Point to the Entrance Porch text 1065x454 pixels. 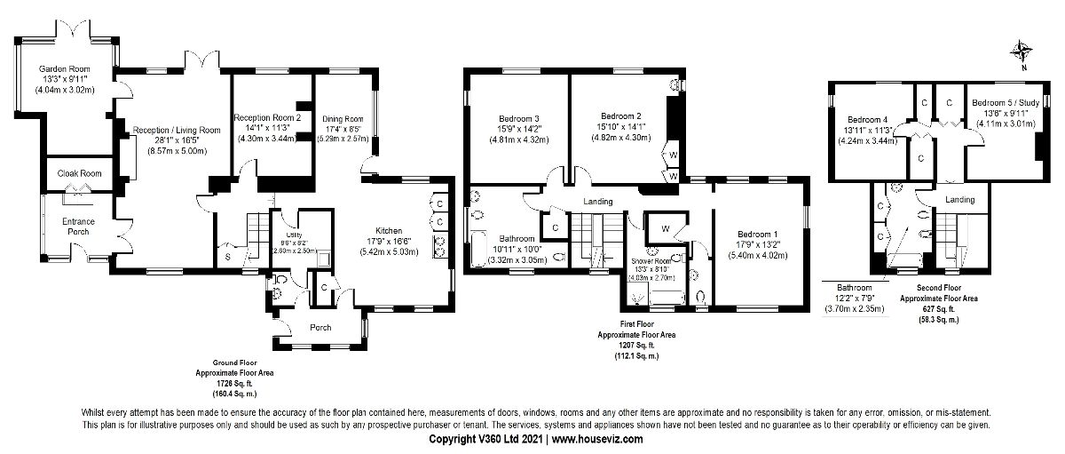pos(77,227)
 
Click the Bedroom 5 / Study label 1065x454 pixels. pos(998,101)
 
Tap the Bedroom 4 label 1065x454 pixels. pos(867,119)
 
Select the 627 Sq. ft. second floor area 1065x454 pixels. pos(937,309)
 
